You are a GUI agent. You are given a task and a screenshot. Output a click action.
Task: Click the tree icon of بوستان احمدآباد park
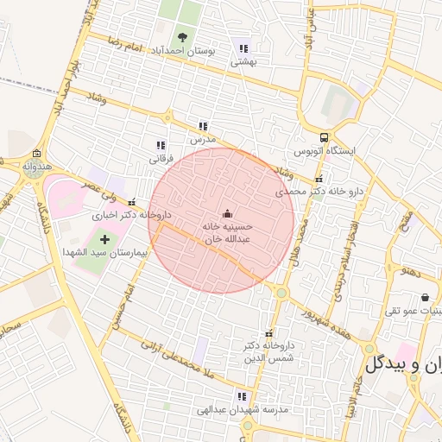[182, 36]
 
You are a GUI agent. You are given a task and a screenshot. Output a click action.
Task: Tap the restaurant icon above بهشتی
[243, 48]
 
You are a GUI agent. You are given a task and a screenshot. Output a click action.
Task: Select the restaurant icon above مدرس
[202, 126]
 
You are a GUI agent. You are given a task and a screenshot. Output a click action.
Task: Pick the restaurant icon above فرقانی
[161, 145]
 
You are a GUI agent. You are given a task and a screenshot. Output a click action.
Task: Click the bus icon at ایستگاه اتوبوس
[324, 136]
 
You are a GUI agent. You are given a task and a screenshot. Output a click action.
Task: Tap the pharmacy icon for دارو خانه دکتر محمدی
[319, 179]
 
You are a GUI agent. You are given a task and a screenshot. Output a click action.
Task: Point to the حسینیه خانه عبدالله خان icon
[227, 213]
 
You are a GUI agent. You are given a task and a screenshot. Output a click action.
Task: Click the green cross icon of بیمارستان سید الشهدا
[104, 238]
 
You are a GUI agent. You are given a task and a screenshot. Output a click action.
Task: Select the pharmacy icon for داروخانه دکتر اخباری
[132, 203]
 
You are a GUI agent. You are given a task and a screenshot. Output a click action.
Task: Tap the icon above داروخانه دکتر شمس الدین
[268, 333]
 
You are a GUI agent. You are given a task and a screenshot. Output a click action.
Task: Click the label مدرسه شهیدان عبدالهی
[226, 409]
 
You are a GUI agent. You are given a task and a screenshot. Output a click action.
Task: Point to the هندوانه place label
[37, 165]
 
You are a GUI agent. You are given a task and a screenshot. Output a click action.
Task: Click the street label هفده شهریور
[325, 317]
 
